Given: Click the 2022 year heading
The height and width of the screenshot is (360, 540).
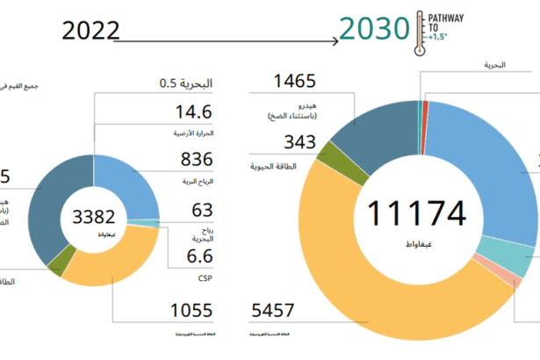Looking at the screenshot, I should pos(90,31).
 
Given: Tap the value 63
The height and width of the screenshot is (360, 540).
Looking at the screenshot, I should pos(203,210).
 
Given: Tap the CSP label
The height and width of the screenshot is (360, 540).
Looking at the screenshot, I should pos(205,277).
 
